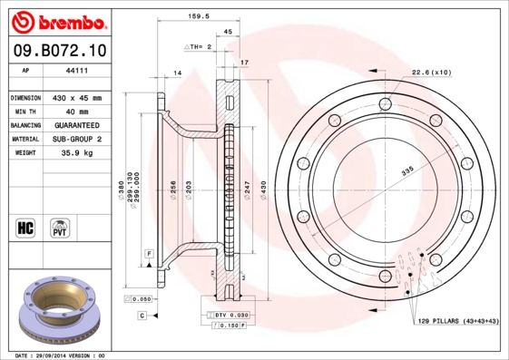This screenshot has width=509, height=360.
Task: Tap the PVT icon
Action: point(60,227)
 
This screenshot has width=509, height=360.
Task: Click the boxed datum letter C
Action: point(142,315)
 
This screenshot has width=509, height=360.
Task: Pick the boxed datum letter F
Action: point(148,251)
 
